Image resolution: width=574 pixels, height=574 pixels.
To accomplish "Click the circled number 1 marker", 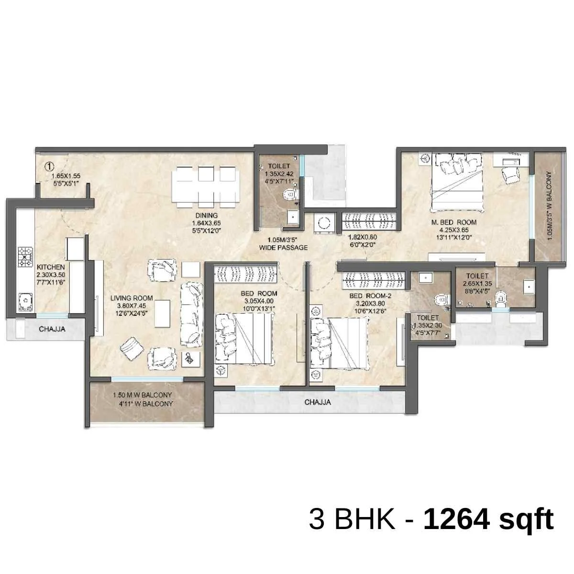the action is point(49,166).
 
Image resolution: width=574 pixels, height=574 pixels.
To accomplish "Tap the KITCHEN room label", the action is point(51,267).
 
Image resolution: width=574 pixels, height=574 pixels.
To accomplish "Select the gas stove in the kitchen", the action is point(25,256).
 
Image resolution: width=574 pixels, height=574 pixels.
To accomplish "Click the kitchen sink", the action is point(26,302).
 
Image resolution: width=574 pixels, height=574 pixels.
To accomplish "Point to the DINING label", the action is point(207,215).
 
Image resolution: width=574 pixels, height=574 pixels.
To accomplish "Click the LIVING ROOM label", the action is point(132,298).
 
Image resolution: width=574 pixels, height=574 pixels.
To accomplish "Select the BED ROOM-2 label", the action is point(370,296).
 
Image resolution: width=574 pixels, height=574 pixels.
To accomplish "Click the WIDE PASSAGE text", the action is point(283,247).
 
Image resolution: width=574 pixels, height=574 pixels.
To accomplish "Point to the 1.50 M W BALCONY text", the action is point(143,395).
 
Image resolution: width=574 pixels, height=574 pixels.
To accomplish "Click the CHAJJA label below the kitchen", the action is point(52,329).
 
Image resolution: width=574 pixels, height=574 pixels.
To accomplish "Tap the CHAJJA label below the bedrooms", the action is point(317,402).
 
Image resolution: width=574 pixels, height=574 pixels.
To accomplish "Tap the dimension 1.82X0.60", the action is point(363,237).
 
